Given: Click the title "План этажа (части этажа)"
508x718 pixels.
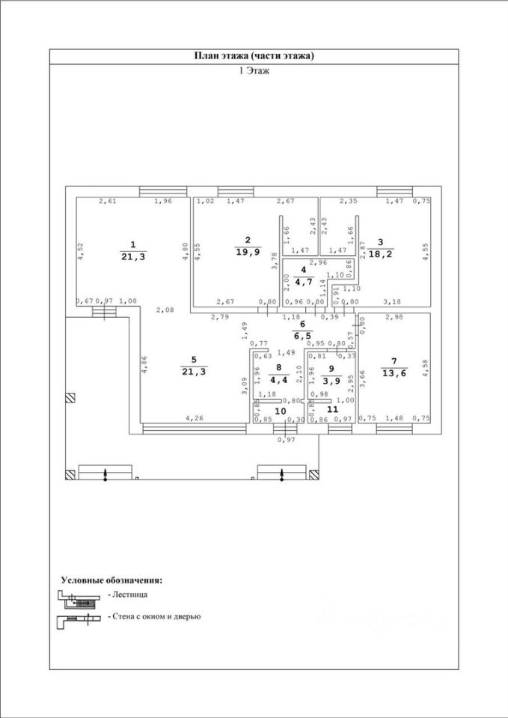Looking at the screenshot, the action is point(254,56).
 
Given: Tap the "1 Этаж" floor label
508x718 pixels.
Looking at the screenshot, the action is point(254,71).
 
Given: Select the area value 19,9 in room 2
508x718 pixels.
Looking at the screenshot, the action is point(247,251).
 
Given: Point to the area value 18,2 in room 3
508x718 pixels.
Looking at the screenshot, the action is point(380,254).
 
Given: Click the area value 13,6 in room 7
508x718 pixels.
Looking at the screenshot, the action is point(394,373).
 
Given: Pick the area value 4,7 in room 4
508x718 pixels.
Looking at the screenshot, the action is point(303,281).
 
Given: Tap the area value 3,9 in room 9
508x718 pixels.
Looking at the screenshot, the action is point(331,379).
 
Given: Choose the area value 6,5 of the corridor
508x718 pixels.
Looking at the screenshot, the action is point(303,336).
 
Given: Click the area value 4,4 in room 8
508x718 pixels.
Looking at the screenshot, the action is point(278,379).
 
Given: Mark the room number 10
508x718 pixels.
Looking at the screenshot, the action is point(280,411).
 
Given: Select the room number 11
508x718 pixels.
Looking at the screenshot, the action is point(332,411).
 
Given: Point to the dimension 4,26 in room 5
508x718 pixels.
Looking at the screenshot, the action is point(194,419).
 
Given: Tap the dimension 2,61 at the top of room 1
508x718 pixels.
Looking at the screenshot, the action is point(108,201).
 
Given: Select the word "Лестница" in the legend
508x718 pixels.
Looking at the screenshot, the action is point(131,594).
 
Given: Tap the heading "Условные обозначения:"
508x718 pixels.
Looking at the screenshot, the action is point(111,580).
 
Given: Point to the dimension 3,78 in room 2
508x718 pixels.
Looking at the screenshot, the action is point(274,260).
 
